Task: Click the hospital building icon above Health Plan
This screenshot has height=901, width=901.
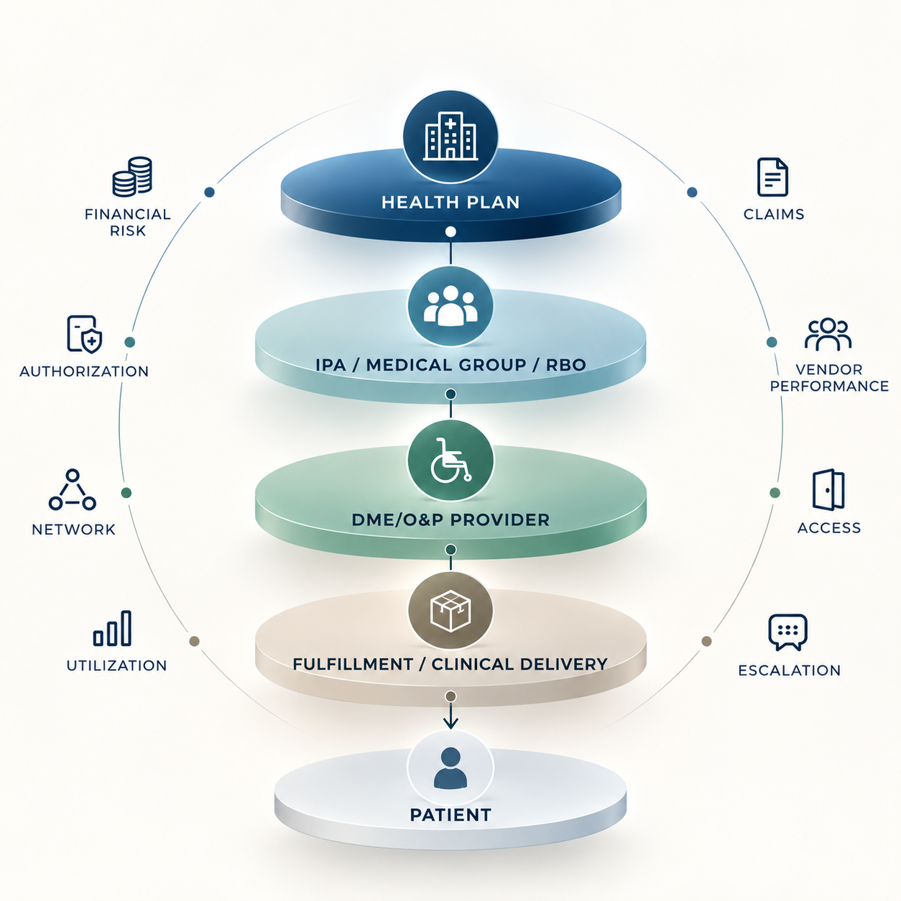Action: [x=450, y=136]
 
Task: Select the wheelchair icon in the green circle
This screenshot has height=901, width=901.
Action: [x=450, y=460]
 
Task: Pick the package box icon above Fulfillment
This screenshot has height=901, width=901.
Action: [x=450, y=611]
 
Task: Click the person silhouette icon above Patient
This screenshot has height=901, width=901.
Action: [x=450, y=768]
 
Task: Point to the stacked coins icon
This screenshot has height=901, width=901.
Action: [x=132, y=177]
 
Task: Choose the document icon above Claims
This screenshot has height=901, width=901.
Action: [x=772, y=177]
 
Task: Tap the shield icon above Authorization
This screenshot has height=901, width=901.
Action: [x=85, y=334]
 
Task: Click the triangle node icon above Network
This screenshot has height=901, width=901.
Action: [x=73, y=489]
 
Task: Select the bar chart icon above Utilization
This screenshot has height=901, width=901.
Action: [x=112, y=628]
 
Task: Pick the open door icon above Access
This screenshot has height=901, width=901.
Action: [x=828, y=489]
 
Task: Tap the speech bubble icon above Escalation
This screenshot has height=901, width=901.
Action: [x=788, y=632]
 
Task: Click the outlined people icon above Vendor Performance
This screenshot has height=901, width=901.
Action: [x=828, y=334]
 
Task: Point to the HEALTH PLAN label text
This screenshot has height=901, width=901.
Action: [x=450, y=203]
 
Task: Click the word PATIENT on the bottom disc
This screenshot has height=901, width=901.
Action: [x=450, y=815]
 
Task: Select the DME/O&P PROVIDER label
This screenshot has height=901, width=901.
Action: [x=450, y=519]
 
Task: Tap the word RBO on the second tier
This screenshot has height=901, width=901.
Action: [x=565, y=365]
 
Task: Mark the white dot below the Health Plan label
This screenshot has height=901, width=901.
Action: [x=450, y=231]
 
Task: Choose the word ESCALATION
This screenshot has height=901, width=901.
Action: [x=789, y=670]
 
